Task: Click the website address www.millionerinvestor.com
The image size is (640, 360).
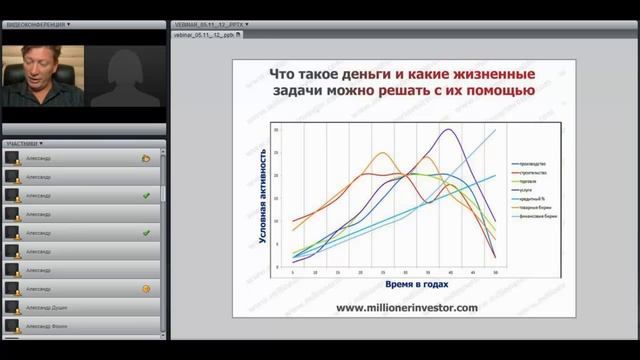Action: click(x=406, y=307)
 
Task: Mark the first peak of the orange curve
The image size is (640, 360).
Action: click(x=382, y=153)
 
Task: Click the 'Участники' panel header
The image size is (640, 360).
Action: click(x=24, y=144)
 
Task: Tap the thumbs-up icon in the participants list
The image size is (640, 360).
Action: click(x=146, y=158)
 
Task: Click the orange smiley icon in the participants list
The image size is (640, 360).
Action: click(x=146, y=289)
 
